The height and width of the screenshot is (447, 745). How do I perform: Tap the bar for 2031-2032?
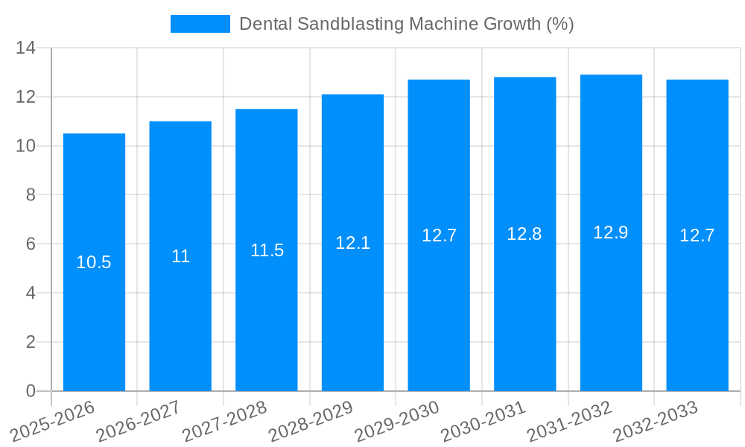[611, 313]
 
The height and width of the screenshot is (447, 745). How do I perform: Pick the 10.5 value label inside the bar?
[94, 262]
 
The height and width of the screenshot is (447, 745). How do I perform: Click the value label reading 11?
[180, 256]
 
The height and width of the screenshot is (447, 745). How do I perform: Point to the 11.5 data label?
[267, 250]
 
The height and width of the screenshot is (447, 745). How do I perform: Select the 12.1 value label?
[352, 243]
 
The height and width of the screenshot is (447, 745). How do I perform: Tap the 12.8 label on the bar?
[524, 234]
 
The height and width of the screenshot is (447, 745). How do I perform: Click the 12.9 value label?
[611, 232]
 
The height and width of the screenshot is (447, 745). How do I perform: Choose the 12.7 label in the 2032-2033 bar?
[697, 235]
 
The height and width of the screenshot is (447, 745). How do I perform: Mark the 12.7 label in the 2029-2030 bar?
[439, 235]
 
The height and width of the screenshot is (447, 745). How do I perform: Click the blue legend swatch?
[200, 24]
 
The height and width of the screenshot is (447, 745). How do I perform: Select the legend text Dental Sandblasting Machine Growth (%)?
[406, 24]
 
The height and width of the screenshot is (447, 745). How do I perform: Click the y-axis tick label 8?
[31, 195]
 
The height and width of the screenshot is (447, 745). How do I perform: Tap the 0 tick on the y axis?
[31, 391]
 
